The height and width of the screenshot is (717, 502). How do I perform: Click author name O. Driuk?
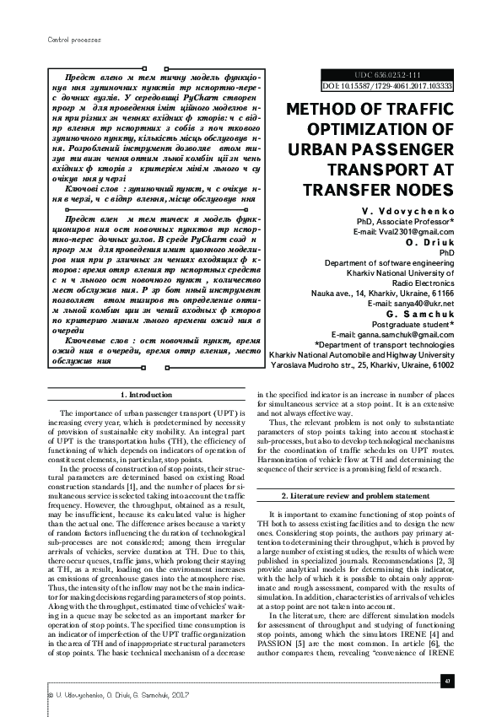[432, 241]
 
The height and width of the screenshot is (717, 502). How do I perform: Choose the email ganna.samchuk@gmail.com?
[392, 334]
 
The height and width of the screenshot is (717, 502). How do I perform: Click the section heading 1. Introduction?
[148, 395]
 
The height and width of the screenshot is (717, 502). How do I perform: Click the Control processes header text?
[64, 39]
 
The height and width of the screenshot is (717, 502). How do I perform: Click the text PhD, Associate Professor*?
[406, 220]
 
